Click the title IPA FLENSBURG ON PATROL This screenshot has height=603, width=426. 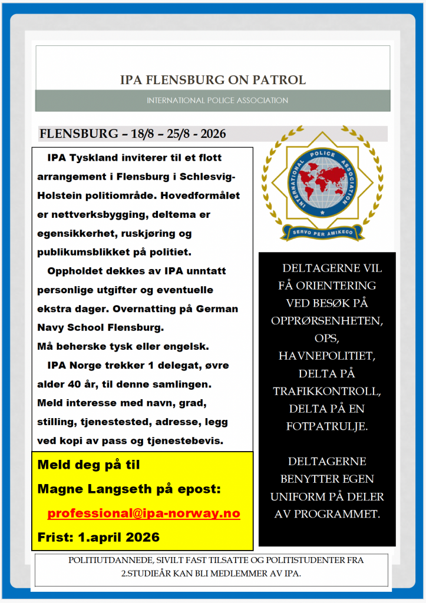(213, 80)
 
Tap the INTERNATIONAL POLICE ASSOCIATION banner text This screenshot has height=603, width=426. (217, 101)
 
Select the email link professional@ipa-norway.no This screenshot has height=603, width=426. (144, 513)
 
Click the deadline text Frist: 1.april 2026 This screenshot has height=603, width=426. (98, 537)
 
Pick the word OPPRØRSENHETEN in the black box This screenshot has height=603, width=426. (327, 322)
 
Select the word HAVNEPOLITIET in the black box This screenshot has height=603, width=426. (327, 356)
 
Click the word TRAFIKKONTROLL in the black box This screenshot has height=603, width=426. (327, 391)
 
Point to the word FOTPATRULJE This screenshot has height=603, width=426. (327, 426)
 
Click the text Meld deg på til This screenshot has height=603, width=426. (88, 465)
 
